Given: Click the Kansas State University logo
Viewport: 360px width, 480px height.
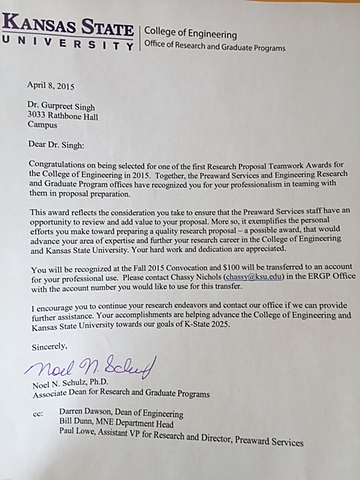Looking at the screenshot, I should (x=68, y=27).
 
